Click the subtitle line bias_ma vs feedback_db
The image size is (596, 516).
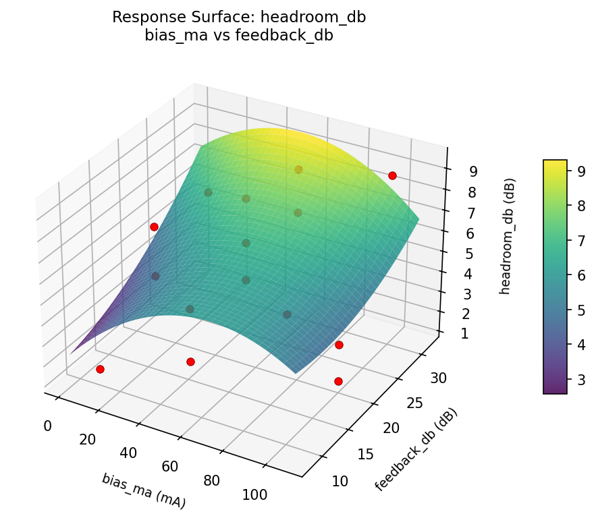click(239, 36)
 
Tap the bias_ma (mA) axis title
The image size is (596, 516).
click(144, 490)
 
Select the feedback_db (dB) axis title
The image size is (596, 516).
click(416, 450)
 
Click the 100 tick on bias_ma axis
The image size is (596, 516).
click(254, 495)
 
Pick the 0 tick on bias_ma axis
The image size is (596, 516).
click(47, 426)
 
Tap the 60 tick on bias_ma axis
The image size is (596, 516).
click(169, 467)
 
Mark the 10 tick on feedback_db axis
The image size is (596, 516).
click(340, 481)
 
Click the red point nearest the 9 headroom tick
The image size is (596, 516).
click(392, 175)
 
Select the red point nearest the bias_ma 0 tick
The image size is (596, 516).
click(100, 369)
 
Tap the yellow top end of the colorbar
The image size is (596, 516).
click(555, 163)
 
